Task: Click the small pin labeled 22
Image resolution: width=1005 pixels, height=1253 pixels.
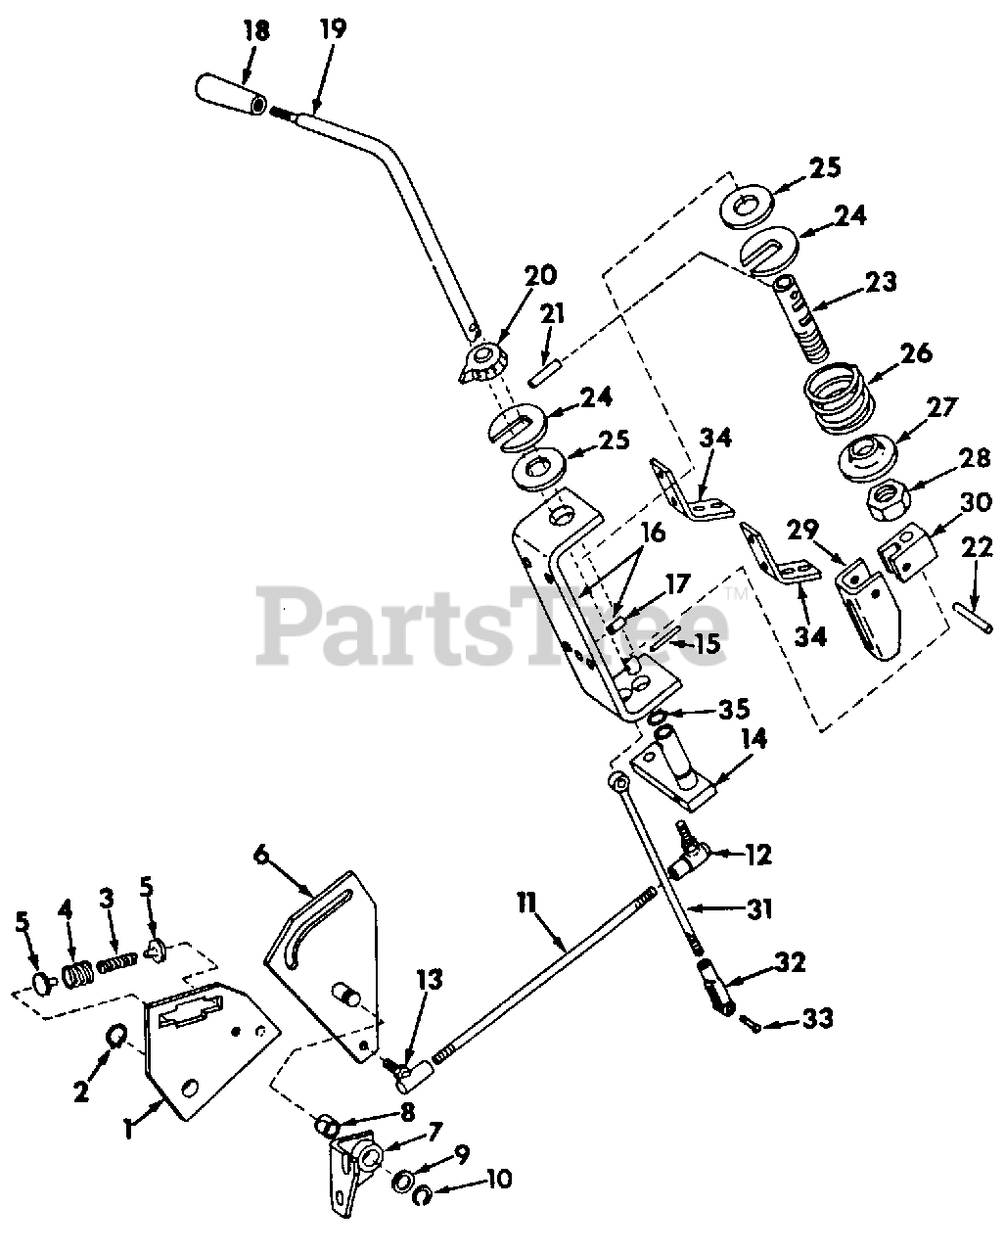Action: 969,620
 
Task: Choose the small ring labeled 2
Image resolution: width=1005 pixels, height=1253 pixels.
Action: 115,1035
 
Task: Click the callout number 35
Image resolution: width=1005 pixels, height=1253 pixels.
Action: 732,708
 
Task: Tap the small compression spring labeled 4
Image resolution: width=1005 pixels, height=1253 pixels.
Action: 74,976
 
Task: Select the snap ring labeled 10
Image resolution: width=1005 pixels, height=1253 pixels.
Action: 424,1196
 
